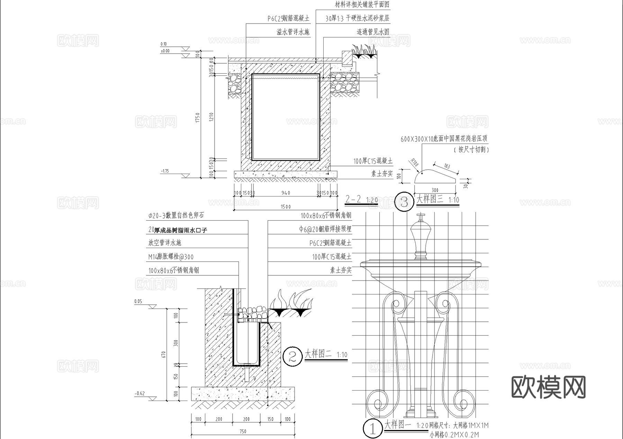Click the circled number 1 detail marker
[373, 429]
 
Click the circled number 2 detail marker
[293, 356]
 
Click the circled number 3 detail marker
[404, 202]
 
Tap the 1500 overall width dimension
[286, 207]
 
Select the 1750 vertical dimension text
[198, 118]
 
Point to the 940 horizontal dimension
[286, 193]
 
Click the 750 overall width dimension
[243, 431]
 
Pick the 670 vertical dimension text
[164, 354]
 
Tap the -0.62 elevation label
[139, 393]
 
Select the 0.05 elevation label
[138, 301]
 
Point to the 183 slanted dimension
[446, 166]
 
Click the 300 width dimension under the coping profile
[435, 190]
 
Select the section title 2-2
[353, 199]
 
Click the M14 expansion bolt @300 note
[171, 257]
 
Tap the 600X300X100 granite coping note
[444, 139]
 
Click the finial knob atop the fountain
[421, 217]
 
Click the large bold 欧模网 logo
[548, 387]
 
